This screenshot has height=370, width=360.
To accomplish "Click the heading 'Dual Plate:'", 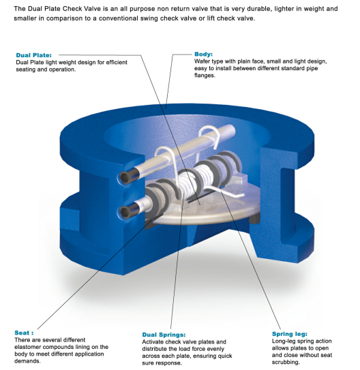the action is point(34,55).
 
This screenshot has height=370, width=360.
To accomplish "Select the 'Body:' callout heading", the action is point(203,54).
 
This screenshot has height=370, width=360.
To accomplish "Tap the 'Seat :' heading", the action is point(24,333).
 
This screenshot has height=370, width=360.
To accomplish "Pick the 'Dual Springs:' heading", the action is point(164,335).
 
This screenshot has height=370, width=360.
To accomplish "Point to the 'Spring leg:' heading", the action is point(289,334).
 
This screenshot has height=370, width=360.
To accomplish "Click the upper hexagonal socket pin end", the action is point(124,177).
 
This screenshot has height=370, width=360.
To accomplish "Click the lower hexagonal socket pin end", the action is point(124,211).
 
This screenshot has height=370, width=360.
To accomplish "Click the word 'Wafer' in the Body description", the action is point(201,61).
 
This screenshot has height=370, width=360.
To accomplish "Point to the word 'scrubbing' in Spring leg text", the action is point(285,363).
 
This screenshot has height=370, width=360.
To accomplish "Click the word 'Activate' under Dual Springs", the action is point(152,342).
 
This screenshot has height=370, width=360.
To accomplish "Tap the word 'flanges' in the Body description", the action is point(204,76).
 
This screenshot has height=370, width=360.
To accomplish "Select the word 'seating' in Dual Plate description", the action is point(25,70).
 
